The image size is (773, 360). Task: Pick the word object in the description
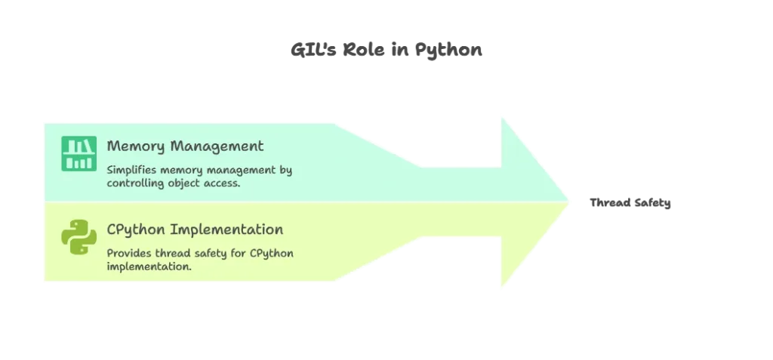pyautogui.click(x=188, y=183)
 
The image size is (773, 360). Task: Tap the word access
pyautogui.click(x=225, y=183)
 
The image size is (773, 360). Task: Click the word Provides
pyautogui.click(x=128, y=254)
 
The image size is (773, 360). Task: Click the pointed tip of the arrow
pyautogui.click(x=568, y=202)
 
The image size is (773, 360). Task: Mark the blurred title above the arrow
pyautogui.click(x=386, y=51)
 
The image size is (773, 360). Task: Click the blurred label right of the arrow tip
pyautogui.click(x=631, y=202)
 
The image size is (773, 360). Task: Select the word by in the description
pyautogui.click(x=286, y=170)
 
